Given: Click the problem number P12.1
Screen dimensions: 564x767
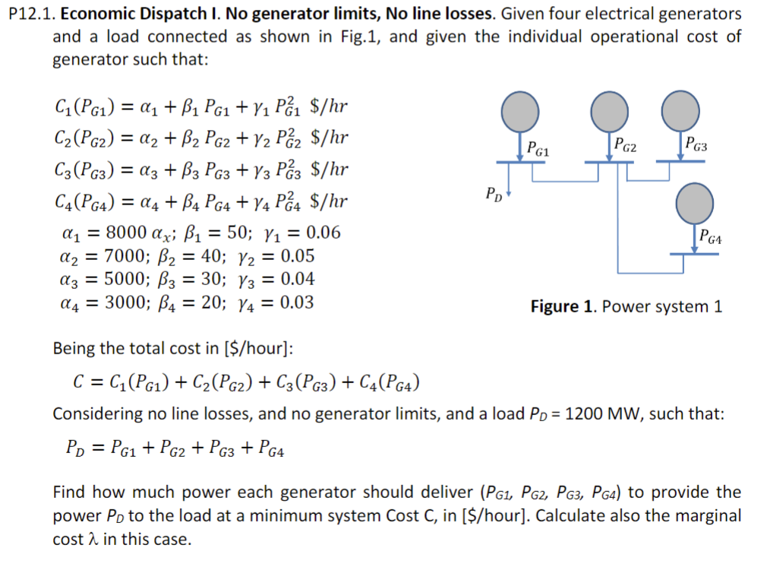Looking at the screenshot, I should [28, 14].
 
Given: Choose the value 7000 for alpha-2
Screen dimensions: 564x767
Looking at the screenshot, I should [122, 255].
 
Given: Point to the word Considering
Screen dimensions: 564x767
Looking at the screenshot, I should [97, 414].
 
